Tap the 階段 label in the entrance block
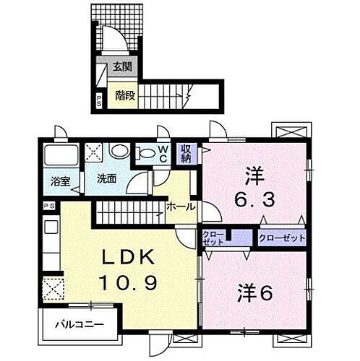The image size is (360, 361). tap(121, 93)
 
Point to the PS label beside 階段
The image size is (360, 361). tap(99, 100)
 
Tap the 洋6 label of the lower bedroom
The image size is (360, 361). tap(254, 294)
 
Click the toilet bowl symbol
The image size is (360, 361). tap(121, 152)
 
